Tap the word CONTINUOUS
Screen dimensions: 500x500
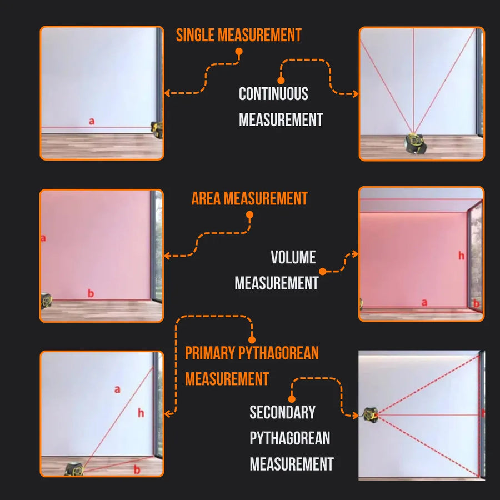(273, 94)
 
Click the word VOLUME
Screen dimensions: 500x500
(293, 257)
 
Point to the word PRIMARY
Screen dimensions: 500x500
(211, 353)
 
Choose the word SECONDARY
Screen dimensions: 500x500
(282, 412)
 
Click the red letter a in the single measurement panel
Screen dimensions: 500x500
(92, 121)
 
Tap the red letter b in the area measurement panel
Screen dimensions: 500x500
(91, 293)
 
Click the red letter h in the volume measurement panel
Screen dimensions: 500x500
(461, 256)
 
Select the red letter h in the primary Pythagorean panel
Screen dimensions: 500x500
(141, 413)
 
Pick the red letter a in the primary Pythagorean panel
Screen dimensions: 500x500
(117, 389)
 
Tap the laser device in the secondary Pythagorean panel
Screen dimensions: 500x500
(371, 414)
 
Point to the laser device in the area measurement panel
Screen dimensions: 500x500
(46, 301)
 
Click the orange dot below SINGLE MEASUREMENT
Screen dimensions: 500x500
(239, 52)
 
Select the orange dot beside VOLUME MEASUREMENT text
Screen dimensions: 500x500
(323, 271)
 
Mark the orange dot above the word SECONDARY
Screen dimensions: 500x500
(292, 398)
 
